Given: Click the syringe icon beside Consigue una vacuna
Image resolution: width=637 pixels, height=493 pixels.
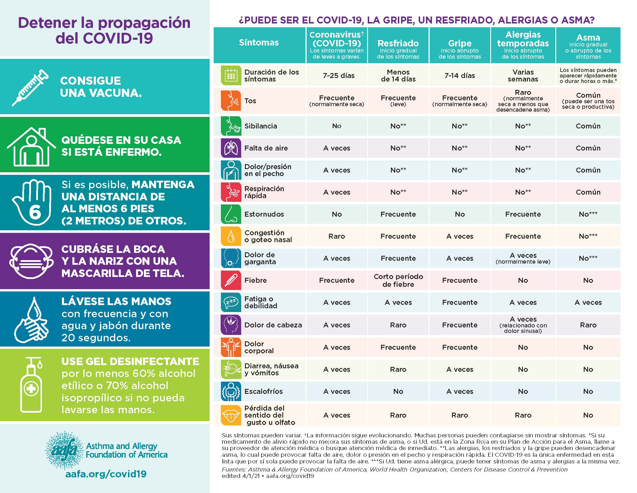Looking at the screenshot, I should tap(30, 87).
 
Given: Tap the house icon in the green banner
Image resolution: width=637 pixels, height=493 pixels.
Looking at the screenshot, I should tap(31, 147).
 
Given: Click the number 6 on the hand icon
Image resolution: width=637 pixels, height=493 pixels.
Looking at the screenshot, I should tap(35, 212).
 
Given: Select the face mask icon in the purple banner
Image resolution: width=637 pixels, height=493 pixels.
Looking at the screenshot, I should tap(32, 261).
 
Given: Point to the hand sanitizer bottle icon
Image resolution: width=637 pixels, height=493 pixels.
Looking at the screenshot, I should tap(31, 385).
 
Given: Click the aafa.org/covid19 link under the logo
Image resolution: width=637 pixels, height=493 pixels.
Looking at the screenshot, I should tap(106, 474).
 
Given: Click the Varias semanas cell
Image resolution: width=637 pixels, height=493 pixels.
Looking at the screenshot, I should tap(523, 76).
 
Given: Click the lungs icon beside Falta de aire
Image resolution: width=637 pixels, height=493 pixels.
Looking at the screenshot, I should tap(231, 148).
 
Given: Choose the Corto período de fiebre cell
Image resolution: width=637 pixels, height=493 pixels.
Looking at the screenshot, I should tap(398, 280).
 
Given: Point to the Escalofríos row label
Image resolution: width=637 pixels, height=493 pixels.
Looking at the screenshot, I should tap(263, 391).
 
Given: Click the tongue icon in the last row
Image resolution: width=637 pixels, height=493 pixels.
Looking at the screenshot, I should tap(231, 415).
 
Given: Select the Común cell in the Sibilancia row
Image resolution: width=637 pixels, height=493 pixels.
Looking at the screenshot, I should tap(588, 126).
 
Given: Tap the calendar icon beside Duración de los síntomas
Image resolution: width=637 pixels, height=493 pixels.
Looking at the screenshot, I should tap(231, 76).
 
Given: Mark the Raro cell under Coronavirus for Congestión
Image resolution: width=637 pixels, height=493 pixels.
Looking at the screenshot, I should tap(336, 236).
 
